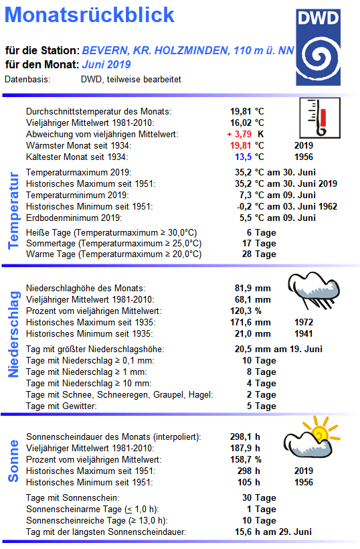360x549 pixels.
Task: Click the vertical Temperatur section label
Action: point(13,210)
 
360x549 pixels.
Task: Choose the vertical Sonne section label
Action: point(13,461)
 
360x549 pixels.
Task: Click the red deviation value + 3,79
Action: point(241,134)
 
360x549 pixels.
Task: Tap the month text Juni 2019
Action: point(106,65)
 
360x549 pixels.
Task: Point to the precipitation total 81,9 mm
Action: point(250,288)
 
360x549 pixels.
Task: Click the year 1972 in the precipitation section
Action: point(304,322)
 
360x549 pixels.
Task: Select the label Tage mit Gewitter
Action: point(61,406)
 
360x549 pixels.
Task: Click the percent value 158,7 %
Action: point(246,460)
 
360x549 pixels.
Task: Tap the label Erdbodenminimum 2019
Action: point(74,218)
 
